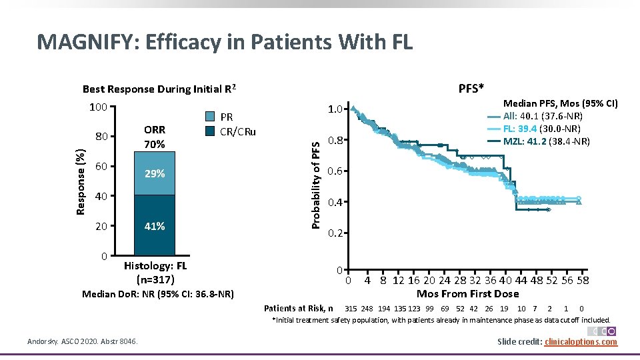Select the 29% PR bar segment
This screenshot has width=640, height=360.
click(x=155, y=173)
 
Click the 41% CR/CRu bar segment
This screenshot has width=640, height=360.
click(x=155, y=226)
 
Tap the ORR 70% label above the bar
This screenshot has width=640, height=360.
click(x=155, y=137)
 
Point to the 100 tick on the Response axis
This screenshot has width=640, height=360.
click(x=99, y=107)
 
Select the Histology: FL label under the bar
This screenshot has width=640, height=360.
click(x=155, y=266)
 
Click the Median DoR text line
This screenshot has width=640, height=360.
click(x=157, y=293)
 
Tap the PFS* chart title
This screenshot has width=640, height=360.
click(x=471, y=89)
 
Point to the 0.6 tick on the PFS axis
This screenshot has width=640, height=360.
click(x=335, y=171)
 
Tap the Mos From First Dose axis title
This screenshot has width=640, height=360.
click(x=467, y=293)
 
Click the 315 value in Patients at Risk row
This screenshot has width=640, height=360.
click(x=350, y=308)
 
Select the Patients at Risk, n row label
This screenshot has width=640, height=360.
click(x=298, y=308)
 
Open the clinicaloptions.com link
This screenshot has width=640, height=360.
click(x=581, y=342)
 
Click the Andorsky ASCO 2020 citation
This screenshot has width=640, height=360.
click(x=83, y=342)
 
